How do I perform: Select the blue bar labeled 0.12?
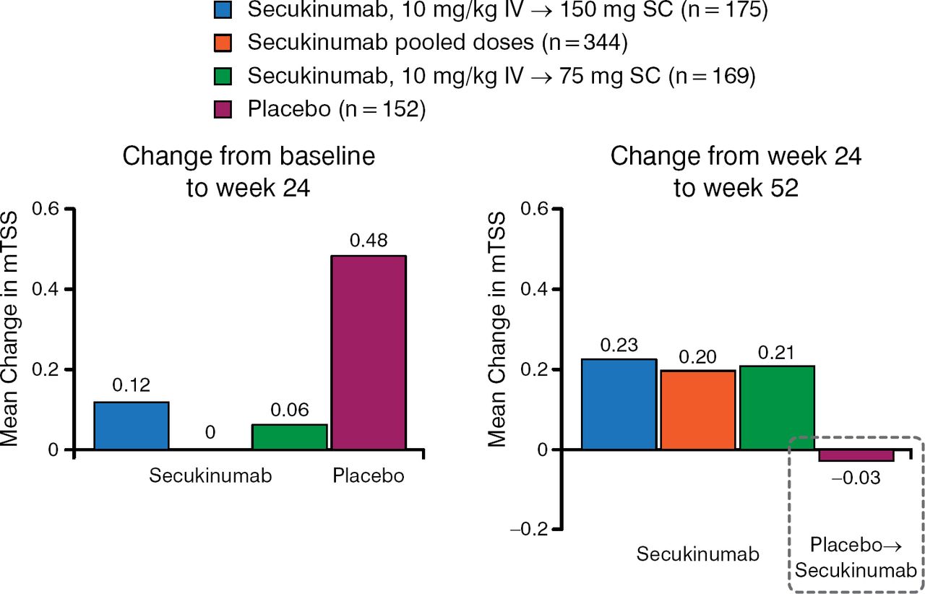click(x=132, y=426)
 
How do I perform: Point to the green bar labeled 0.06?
click(x=290, y=437)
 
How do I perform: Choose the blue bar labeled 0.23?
click(x=619, y=405)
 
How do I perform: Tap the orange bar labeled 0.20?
click(x=698, y=410)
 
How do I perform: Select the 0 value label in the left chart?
click(x=210, y=432)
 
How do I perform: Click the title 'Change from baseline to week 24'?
click(x=249, y=172)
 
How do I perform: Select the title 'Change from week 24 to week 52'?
click(x=736, y=172)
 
